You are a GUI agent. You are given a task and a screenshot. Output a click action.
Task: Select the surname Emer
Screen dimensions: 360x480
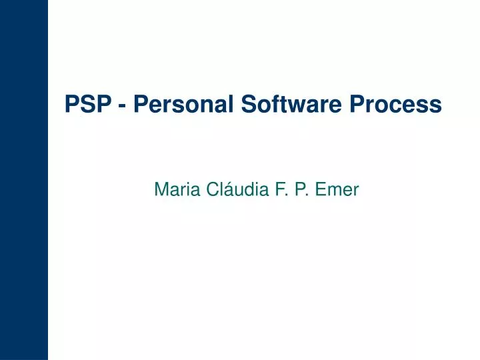(x=338, y=190)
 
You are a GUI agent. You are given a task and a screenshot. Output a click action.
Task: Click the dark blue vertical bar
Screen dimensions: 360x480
(x=24, y=180)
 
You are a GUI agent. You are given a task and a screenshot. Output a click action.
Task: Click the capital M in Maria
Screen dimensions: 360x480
(x=161, y=190)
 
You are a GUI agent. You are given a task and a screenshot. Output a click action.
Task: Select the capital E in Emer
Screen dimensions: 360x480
(x=321, y=190)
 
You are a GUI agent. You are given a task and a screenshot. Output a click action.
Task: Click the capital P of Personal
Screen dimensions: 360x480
(x=141, y=104)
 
